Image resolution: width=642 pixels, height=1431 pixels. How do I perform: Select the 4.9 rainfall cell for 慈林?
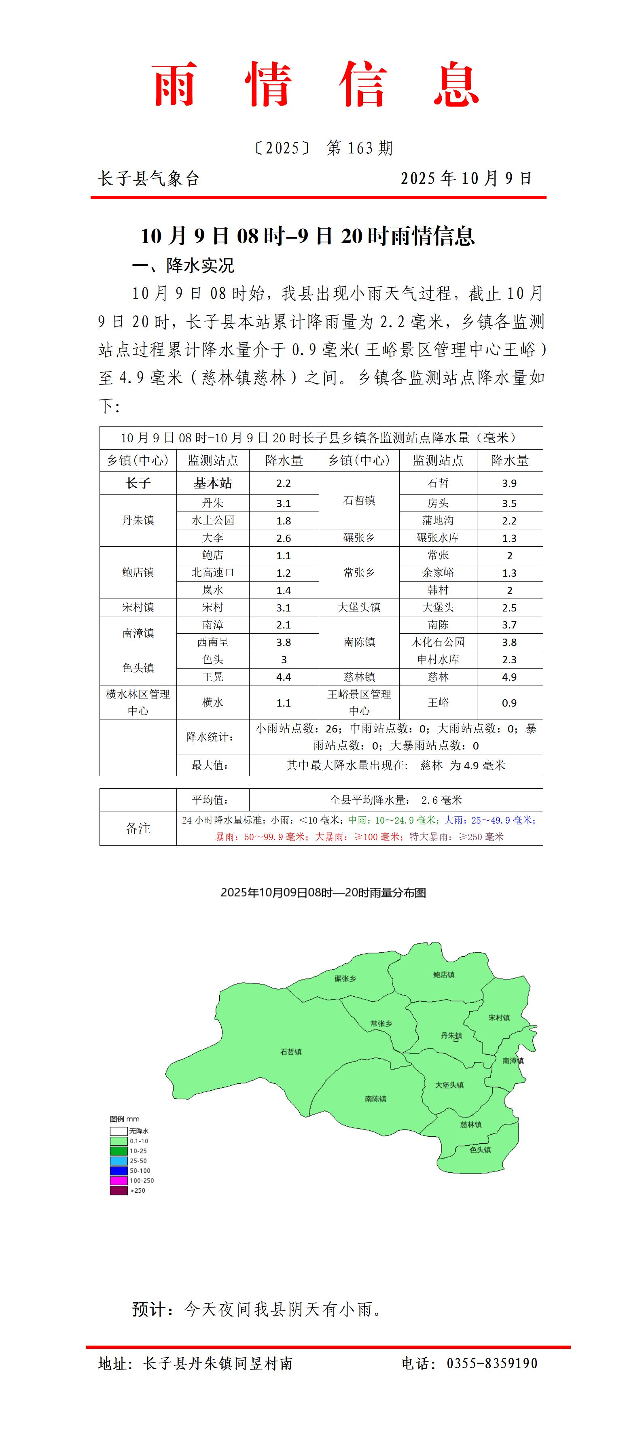point(509,677)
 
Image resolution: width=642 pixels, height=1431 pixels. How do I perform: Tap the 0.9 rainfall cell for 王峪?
point(509,703)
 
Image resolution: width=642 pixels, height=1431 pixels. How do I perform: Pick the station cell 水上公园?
point(213,520)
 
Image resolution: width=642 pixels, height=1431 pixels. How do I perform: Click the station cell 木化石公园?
point(438,642)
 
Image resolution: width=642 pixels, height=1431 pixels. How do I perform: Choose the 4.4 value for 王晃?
point(284,677)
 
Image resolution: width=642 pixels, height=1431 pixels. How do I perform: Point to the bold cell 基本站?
point(213,483)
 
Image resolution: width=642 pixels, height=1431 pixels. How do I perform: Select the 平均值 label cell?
point(210,800)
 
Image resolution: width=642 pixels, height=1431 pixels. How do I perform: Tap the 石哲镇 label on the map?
point(290,1051)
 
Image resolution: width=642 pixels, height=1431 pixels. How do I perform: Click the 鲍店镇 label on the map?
point(444,975)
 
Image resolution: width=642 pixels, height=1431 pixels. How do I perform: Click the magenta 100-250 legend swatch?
point(119,1180)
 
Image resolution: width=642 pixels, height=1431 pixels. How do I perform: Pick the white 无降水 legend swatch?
point(119,1131)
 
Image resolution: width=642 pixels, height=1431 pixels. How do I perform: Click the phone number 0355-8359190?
point(492,1363)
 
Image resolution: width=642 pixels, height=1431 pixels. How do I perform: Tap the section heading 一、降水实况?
point(183,265)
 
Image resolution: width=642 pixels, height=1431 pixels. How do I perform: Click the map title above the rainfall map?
point(323,893)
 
